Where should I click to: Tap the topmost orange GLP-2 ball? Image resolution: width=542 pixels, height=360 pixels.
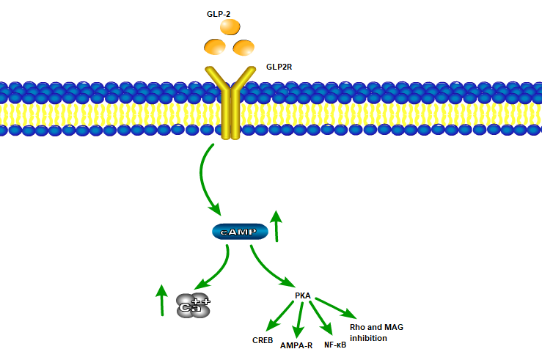coord(230,27)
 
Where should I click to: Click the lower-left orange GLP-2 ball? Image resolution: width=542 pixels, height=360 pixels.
coord(215,48)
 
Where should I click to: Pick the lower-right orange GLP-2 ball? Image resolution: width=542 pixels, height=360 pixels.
coord(243,48)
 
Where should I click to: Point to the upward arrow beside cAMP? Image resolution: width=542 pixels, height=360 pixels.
coord(277,225)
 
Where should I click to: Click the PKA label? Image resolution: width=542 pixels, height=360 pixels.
coord(303,295)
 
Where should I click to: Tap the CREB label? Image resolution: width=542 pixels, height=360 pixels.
coord(263,339)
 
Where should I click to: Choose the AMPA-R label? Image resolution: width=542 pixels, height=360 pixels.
coord(296,345)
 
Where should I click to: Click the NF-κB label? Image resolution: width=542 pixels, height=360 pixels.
coord(334,344)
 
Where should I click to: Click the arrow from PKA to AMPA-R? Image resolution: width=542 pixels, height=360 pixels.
coord(299,320)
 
